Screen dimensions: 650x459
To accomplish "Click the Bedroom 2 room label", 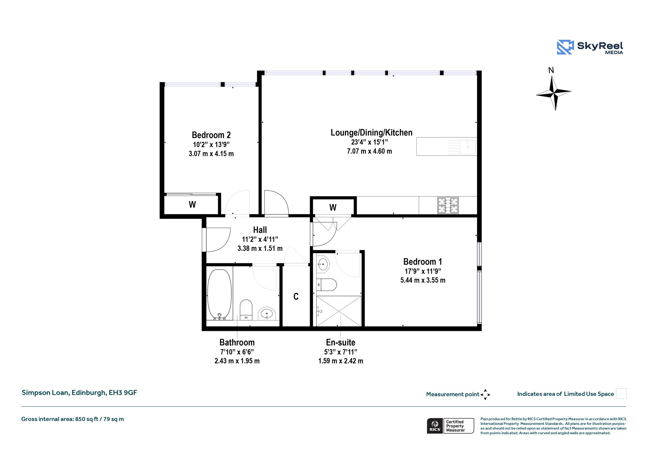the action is pos(211,135).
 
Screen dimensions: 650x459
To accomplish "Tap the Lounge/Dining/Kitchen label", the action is pos(371,133).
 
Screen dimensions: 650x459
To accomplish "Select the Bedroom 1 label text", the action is pos(422,262).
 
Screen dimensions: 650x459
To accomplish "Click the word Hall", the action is pos(260,230).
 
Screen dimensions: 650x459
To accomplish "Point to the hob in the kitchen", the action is pos(448,206).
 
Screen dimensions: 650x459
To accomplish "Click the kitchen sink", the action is pos(468,146).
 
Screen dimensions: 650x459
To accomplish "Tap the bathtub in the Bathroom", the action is pos(219,294).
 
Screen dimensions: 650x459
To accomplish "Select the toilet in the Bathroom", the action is pos(246,310).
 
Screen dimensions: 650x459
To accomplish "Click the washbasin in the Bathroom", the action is pos(267,314).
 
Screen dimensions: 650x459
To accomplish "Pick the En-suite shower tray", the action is pos(339,311).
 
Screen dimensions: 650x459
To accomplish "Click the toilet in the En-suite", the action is pos(327,285).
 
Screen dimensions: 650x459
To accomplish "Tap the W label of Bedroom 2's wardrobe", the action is pos(192,205).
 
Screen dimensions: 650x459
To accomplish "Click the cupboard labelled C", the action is pos(296,296).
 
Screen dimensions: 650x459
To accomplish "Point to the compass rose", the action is pos(554,93).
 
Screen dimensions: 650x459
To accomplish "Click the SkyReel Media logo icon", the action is pos(565,47).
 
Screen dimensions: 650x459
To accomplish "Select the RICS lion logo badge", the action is pos(435,426).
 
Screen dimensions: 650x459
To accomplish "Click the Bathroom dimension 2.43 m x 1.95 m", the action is pos(237,361).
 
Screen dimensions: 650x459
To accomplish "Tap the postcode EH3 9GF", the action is pos(123,393).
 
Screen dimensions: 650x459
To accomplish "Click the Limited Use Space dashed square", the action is pos(621,393).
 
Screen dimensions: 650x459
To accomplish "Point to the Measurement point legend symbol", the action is pos(485,395).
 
